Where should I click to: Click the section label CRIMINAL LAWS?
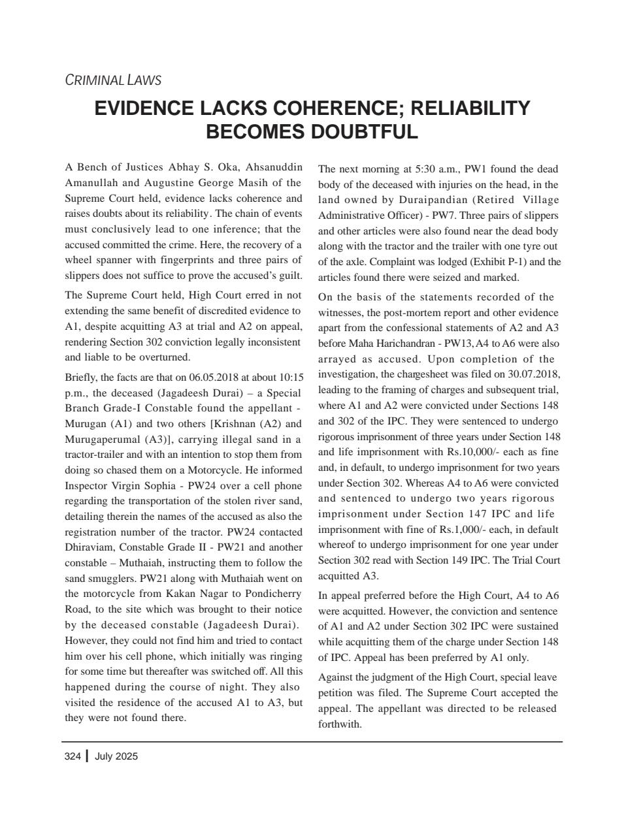click(113, 80)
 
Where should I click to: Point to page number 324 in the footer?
click(73, 756)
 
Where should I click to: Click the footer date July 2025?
click(116, 756)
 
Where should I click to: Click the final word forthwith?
click(340, 724)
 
